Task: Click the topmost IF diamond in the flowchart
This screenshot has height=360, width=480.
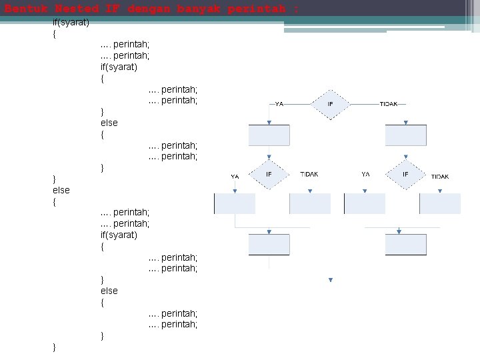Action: [x=331, y=104]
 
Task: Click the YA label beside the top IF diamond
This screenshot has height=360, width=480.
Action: [x=279, y=104]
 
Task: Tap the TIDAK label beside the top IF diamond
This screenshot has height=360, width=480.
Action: [x=389, y=104]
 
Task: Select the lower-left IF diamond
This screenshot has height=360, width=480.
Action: [x=269, y=175]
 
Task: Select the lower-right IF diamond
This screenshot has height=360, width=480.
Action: [x=405, y=175]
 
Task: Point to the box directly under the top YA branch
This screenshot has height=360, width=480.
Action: [x=269, y=135]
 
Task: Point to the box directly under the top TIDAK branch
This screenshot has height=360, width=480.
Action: [x=406, y=135]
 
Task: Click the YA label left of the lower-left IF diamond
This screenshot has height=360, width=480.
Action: [x=235, y=177]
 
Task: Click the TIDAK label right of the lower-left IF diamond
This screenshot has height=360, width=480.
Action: [x=309, y=175]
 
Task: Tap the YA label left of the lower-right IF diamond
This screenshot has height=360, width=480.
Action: [x=365, y=175]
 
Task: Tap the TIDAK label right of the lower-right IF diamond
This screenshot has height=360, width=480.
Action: [x=440, y=177]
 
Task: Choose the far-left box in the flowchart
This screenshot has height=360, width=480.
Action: [x=234, y=203]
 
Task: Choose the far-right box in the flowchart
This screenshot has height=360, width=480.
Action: [x=441, y=203]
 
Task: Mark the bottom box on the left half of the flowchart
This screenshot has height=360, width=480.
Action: [x=269, y=245]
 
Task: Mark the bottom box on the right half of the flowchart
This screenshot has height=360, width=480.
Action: [x=406, y=245]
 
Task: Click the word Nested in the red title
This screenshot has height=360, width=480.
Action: [x=77, y=9]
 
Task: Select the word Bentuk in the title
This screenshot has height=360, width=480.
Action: [x=27, y=9]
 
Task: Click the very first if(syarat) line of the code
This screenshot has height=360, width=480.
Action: [x=71, y=23]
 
